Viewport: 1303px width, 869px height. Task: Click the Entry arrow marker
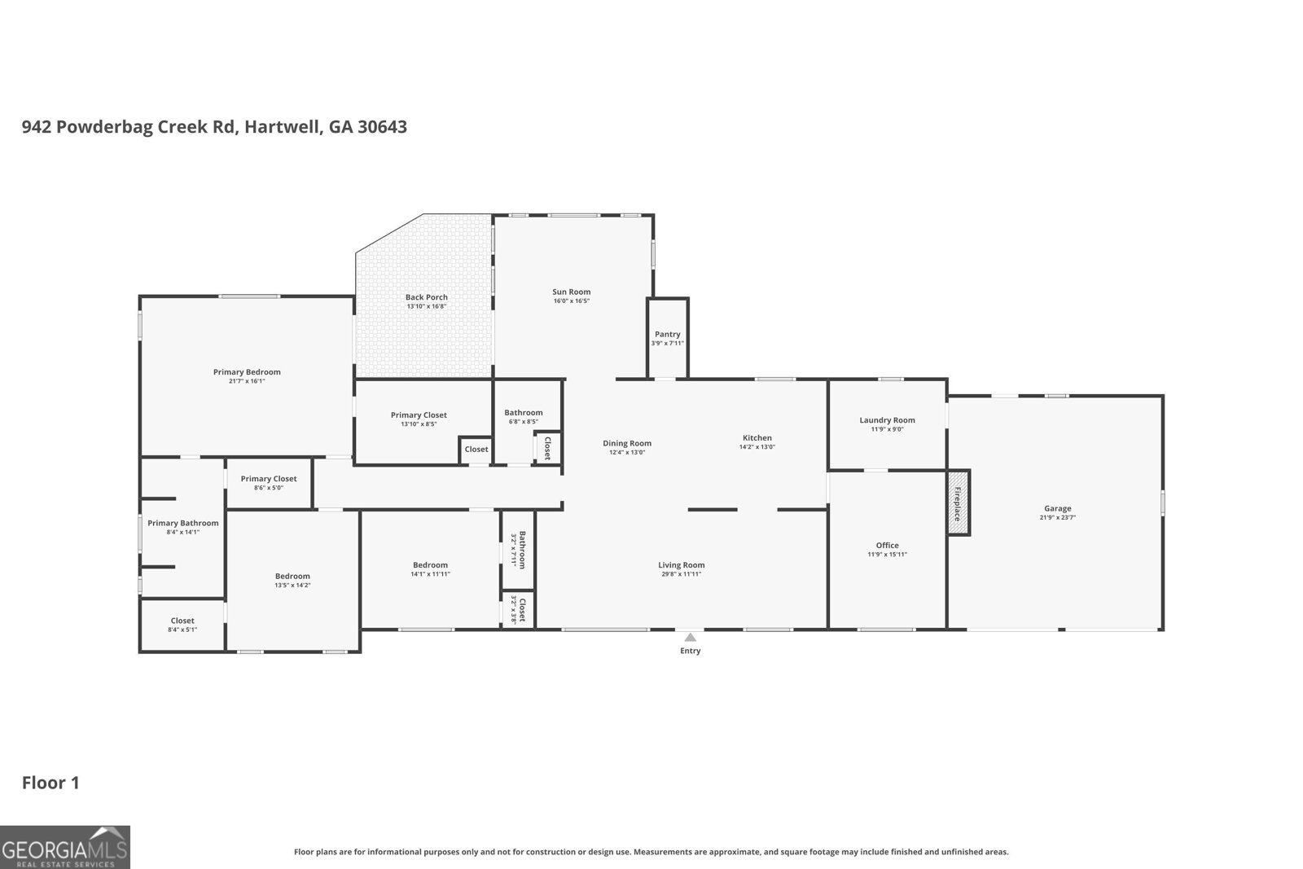tap(690, 638)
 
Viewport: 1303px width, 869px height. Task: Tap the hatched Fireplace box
tap(959, 503)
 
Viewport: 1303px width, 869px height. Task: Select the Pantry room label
tap(667, 334)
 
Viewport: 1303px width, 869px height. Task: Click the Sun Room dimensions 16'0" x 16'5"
tap(571, 301)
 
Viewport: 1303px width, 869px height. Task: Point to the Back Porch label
tap(426, 297)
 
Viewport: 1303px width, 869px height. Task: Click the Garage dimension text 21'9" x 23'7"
tap(1057, 517)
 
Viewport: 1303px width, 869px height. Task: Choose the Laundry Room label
tap(887, 420)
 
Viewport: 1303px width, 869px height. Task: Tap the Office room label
tap(887, 545)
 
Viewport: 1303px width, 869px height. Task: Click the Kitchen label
tap(757, 437)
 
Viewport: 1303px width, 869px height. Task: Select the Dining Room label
tap(626, 443)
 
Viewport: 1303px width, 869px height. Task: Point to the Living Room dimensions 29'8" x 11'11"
tap(681, 574)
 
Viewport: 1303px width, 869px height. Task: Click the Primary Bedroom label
tap(247, 372)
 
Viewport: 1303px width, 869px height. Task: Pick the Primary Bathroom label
tap(182, 523)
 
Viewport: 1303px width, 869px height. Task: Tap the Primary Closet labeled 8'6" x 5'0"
tap(269, 479)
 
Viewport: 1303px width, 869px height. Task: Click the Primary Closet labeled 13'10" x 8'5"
tap(419, 415)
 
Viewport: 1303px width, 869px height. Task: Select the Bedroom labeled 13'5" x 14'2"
tap(292, 576)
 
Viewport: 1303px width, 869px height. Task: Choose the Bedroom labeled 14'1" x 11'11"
tap(430, 565)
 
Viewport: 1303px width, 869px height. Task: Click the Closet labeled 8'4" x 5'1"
tap(182, 621)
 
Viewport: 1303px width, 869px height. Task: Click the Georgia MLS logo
tap(64, 847)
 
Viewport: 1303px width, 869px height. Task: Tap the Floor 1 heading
tap(50, 783)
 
